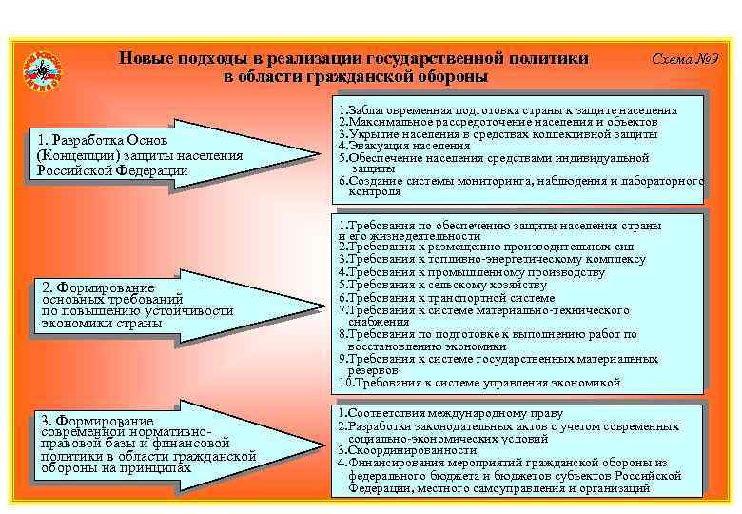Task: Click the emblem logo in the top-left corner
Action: point(42,69)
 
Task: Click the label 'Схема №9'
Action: point(685,59)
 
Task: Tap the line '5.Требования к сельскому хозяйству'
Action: point(442,285)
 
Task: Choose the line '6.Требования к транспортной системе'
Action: point(446,297)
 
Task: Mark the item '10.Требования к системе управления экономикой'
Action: point(479,383)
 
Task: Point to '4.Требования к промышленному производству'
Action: point(471,272)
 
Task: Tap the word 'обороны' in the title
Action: point(448,76)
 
